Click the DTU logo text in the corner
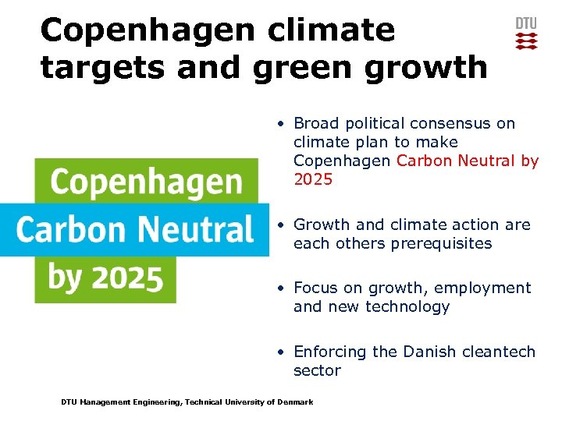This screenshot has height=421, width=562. (526, 23)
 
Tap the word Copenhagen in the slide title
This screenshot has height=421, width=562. (146, 30)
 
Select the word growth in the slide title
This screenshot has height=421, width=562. (422, 67)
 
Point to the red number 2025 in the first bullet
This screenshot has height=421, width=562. (313, 180)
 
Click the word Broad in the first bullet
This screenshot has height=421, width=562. (315, 123)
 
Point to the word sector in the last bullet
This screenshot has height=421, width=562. (317, 371)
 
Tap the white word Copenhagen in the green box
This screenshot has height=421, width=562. (146, 182)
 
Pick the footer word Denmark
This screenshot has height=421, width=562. (296, 402)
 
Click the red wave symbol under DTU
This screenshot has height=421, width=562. (526, 41)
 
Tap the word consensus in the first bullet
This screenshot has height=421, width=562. (457, 123)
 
